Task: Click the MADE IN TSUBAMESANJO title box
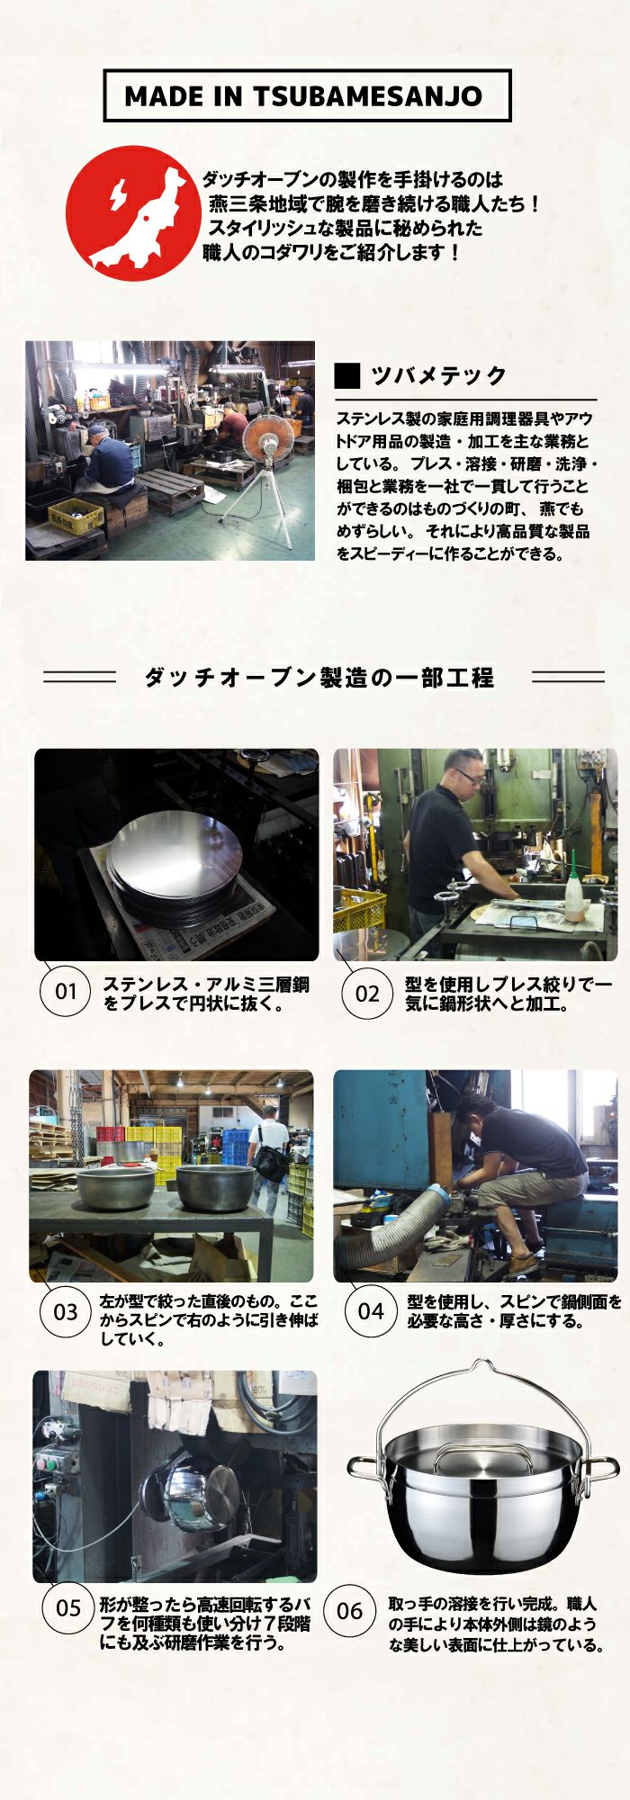click(307, 96)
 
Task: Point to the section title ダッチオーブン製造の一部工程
click(319, 677)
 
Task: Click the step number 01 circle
click(66, 992)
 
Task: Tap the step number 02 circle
click(367, 994)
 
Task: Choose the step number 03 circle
click(65, 1311)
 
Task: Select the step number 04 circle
click(370, 1310)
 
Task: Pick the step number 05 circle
click(68, 1607)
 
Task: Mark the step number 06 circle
click(349, 1610)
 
